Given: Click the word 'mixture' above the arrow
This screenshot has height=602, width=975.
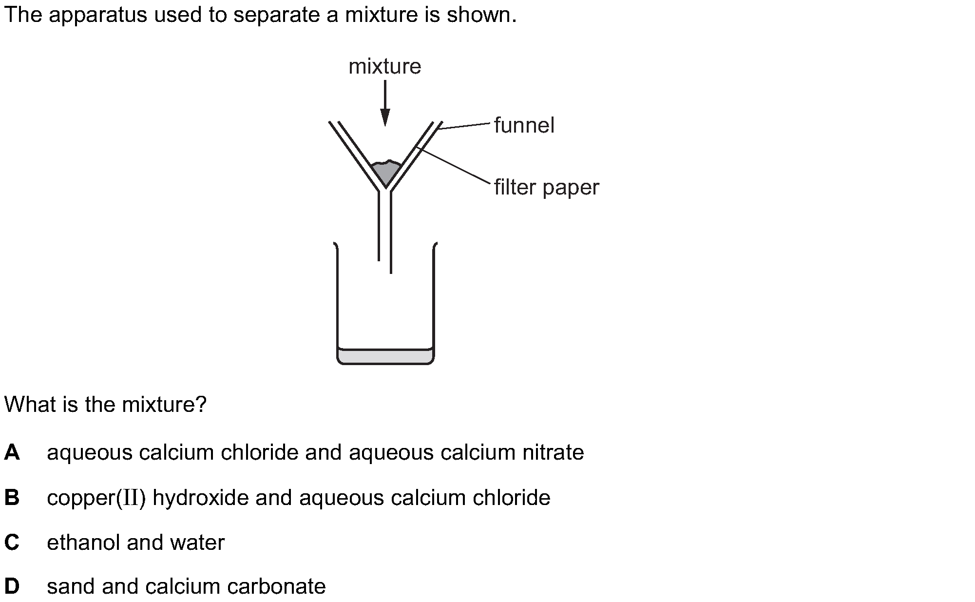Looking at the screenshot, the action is click(x=384, y=66).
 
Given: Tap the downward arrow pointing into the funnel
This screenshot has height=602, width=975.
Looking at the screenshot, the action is click(x=385, y=103).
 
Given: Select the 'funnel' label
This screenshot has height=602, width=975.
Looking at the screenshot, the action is click(x=524, y=125).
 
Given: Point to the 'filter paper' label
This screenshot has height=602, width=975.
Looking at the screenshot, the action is click(x=546, y=188).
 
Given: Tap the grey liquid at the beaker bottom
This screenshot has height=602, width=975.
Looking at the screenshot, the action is click(x=385, y=356).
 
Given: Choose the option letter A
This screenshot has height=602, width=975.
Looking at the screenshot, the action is click(x=12, y=452).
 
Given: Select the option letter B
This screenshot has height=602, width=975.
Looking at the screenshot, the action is click(x=12, y=498).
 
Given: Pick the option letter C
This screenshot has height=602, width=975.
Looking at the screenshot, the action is click(x=12, y=543).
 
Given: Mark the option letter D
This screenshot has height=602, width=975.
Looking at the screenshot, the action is click(x=12, y=586).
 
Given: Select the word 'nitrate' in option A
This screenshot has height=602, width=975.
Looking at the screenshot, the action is click(x=553, y=452).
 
